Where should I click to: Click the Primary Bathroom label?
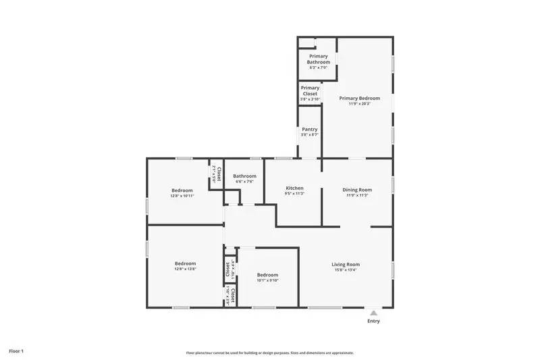click(318, 59)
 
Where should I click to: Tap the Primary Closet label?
click(310, 91)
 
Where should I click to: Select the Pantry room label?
click(310, 129)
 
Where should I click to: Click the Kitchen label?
click(294, 188)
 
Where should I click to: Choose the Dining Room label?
click(357, 190)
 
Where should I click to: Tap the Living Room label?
click(345, 264)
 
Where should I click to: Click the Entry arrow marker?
click(373, 313)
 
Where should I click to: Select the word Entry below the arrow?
click(373, 321)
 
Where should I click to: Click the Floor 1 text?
click(16, 351)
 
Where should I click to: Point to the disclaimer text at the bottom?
click(269, 353)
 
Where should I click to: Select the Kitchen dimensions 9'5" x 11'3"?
click(294, 194)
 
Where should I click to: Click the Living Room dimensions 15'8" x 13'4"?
click(345, 270)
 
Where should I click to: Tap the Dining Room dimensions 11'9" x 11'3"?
click(357, 196)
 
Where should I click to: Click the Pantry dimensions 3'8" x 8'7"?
click(310, 135)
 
